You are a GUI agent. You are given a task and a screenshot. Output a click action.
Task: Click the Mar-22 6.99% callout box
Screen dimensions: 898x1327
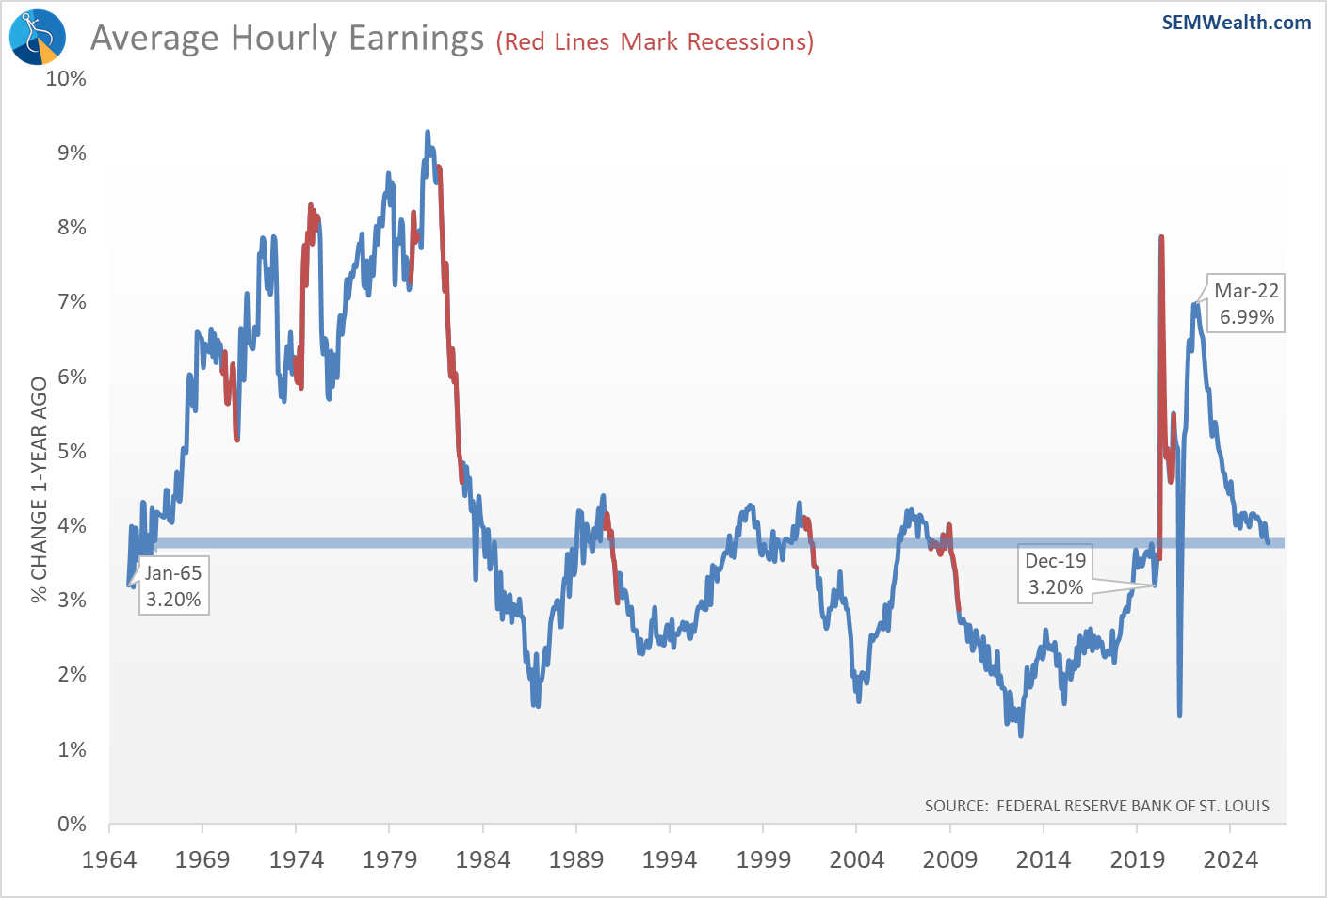pyautogui.click(x=1246, y=304)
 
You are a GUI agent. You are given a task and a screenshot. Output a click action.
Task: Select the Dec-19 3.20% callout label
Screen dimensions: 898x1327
pyautogui.click(x=1055, y=574)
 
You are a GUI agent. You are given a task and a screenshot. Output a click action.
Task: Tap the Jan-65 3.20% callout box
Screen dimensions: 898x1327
pyautogui.click(x=173, y=586)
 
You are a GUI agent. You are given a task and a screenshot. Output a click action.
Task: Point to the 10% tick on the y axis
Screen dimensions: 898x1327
pyautogui.click(x=66, y=78)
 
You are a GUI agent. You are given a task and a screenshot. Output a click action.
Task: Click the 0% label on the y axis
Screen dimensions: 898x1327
pyautogui.click(x=72, y=825)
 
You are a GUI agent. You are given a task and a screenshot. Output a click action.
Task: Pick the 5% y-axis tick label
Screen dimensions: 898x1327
pyautogui.click(x=72, y=451)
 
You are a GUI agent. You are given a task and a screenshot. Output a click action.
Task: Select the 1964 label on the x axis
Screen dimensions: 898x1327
pyautogui.click(x=109, y=859)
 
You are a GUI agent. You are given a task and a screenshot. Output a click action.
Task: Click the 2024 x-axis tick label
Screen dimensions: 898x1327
pyautogui.click(x=1230, y=859)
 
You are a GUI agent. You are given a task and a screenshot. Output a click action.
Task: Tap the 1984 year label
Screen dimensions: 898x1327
pyautogui.click(x=482, y=859)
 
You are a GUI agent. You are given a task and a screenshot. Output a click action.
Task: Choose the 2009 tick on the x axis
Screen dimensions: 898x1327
pyautogui.click(x=950, y=859)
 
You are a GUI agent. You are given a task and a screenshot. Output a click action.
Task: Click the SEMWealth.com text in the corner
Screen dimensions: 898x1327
pyautogui.click(x=1236, y=23)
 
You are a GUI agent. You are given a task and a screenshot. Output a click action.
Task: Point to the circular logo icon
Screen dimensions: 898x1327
pyautogui.click(x=38, y=38)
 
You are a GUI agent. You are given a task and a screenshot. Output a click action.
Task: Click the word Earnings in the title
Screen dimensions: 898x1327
pyautogui.click(x=415, y=39)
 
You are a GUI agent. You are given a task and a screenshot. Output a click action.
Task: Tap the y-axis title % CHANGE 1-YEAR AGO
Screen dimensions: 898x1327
pyautogui.click(x=40, y=489)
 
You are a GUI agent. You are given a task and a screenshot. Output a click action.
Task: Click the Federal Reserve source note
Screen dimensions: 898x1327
pyautogui.click(x=1096, y=806)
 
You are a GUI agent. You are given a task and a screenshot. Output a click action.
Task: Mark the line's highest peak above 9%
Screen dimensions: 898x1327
pyautogui.click(x=428, y=133)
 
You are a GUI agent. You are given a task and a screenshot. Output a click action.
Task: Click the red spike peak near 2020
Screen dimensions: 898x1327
pyautogui.click(x=1161, y=237)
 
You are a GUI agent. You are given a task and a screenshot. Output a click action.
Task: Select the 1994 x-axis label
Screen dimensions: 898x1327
pyautogui.click(x=669, y=859)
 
